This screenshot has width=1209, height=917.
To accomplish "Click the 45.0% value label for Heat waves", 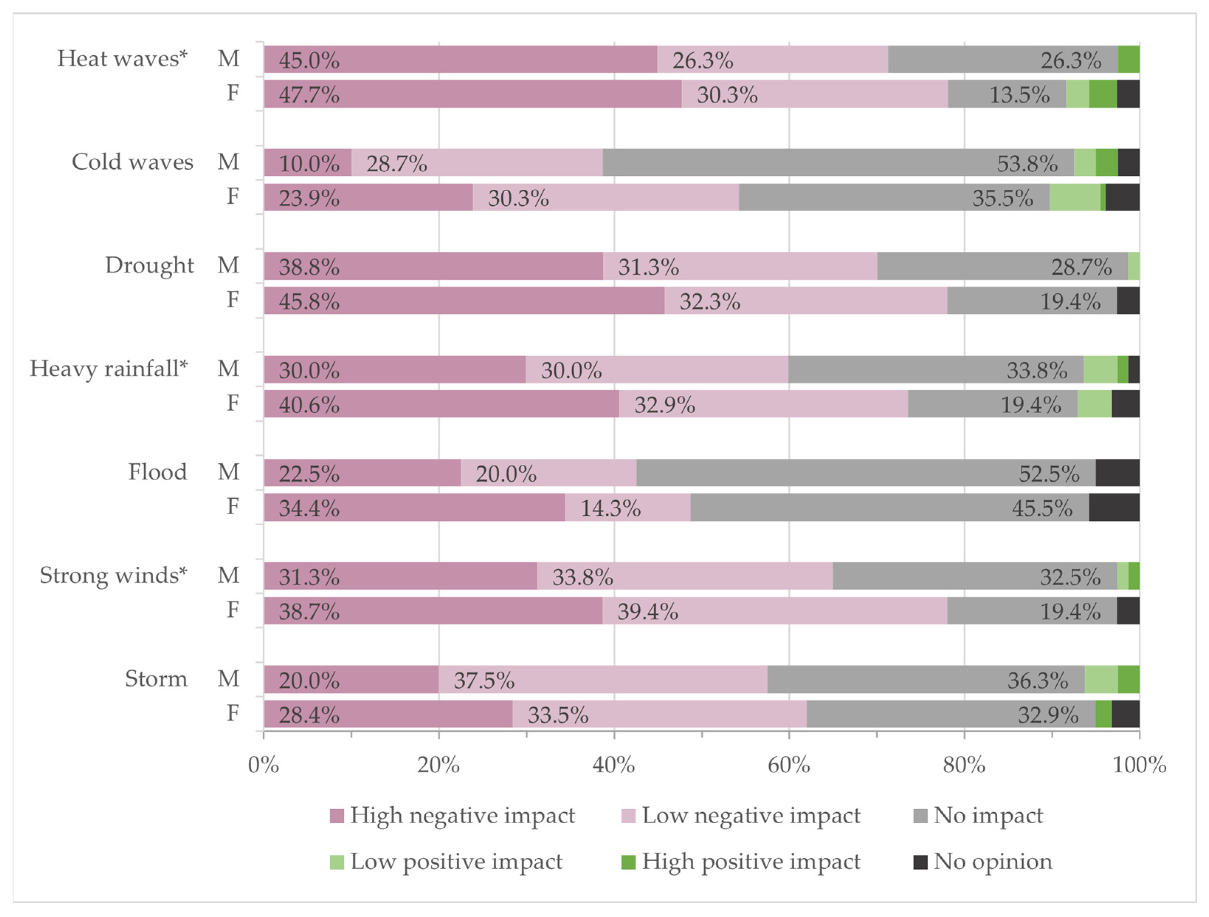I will point(309,60).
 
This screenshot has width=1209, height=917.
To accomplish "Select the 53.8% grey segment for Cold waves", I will point(838,163).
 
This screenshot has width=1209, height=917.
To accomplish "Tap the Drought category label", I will point(149,265).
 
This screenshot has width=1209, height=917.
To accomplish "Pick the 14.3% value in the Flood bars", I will point(610,508).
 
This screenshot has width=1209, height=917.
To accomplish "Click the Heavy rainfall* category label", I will point(108,368).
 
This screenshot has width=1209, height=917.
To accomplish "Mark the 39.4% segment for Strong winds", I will point(774,611).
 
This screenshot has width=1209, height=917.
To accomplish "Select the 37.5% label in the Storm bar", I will point(484,681).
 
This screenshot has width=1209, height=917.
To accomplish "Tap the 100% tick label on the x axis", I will point(1139,765).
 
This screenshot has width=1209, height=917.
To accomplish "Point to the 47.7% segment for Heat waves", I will point(473,94).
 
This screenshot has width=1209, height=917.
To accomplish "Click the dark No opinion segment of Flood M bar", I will point(1117,473).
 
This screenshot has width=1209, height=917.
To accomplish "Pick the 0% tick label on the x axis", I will point(263,765).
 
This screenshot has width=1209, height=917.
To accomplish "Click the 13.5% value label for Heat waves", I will point(1019,95).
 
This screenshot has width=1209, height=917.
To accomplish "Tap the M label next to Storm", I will point(228,679).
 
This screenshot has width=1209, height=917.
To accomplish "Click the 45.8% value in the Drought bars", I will point(309,301).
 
